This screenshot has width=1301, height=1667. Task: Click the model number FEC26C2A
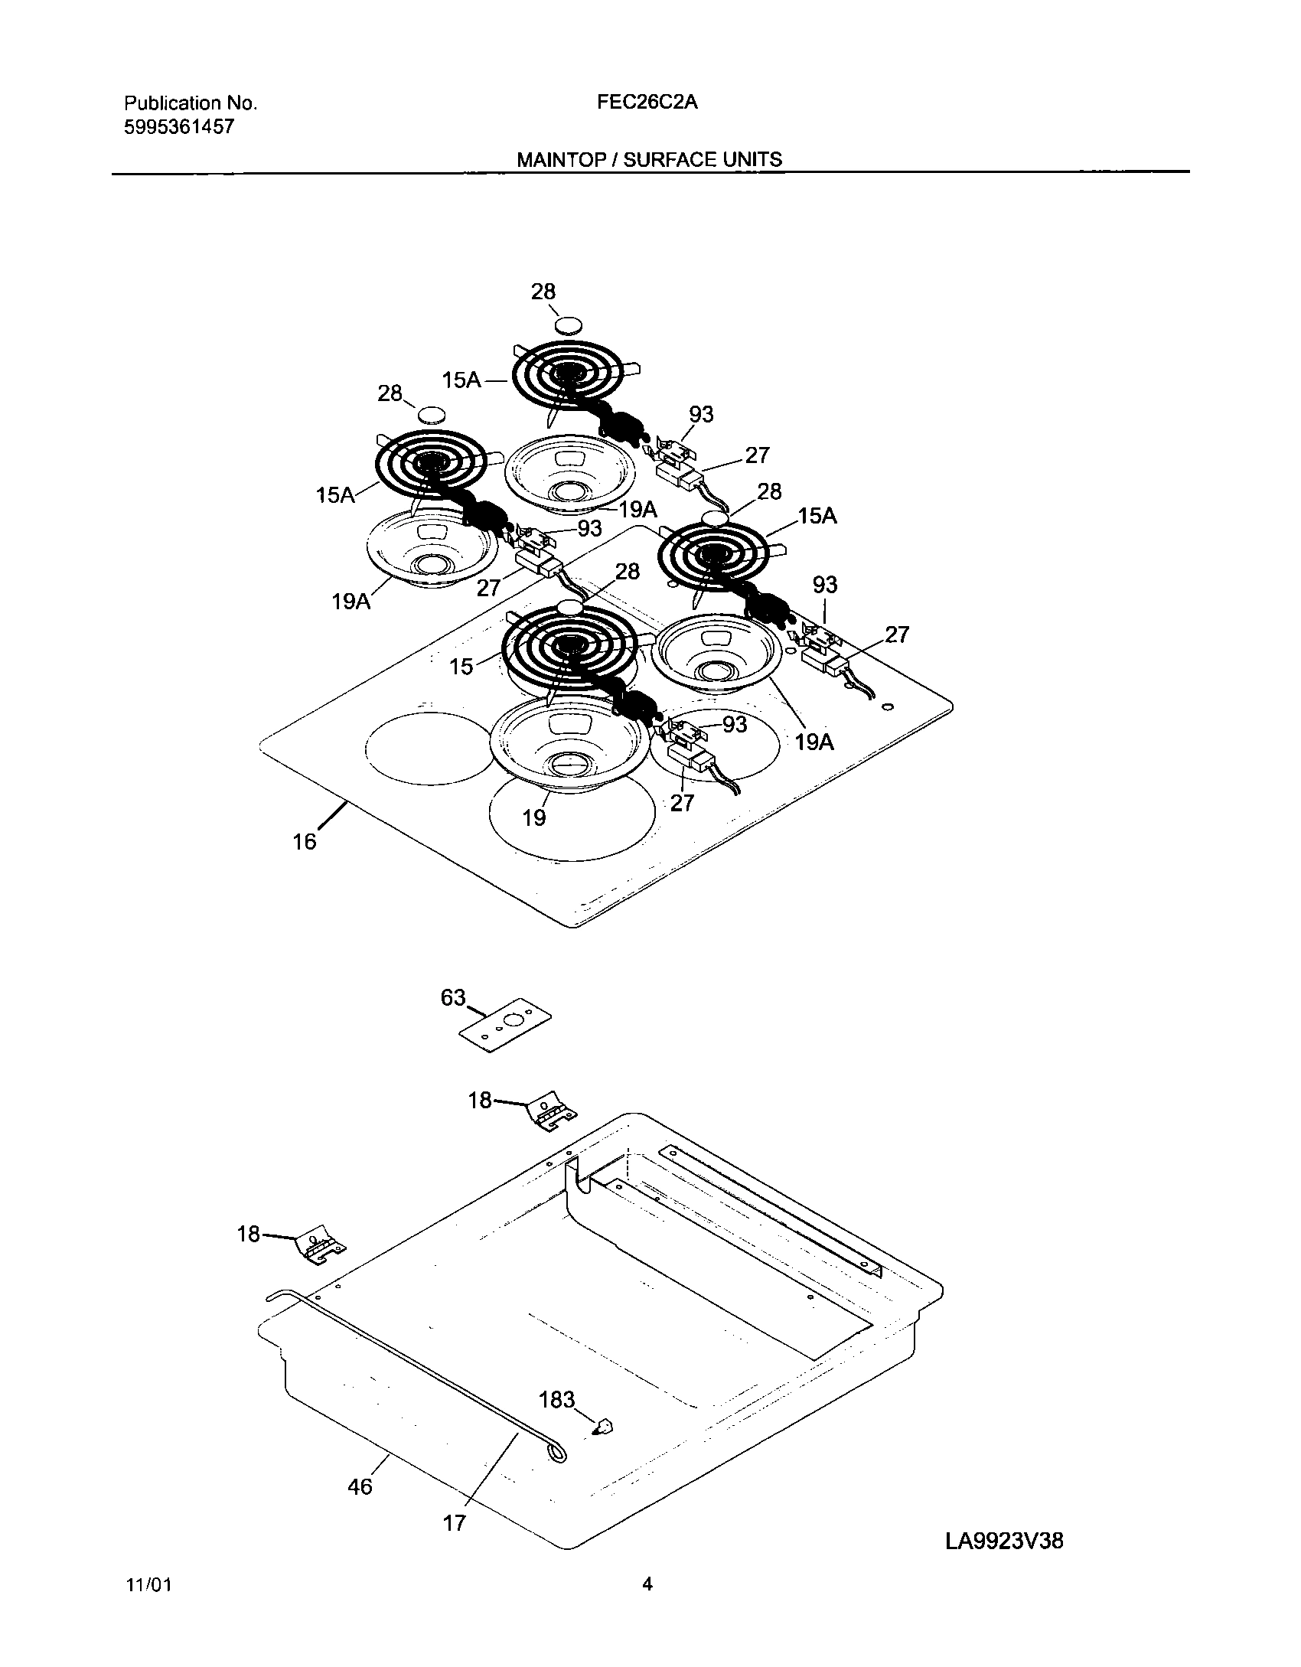(x=647, y=103)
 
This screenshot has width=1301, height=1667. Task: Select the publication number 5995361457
(x=178, y=127)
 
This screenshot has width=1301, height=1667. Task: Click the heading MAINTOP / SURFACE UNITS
(x=649, y=159)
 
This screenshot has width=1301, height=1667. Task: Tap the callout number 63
(x=453, y=997)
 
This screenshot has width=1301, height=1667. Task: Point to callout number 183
(x=556, y=1399)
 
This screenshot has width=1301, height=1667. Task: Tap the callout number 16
(x=304, y=841)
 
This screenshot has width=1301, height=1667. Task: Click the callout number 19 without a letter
(x=534, y=817)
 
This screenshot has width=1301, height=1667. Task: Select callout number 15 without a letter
(x=461, y=666)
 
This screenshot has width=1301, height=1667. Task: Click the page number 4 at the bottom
(x=647, y=1606)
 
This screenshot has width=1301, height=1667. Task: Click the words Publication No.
(x=190, y=103)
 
